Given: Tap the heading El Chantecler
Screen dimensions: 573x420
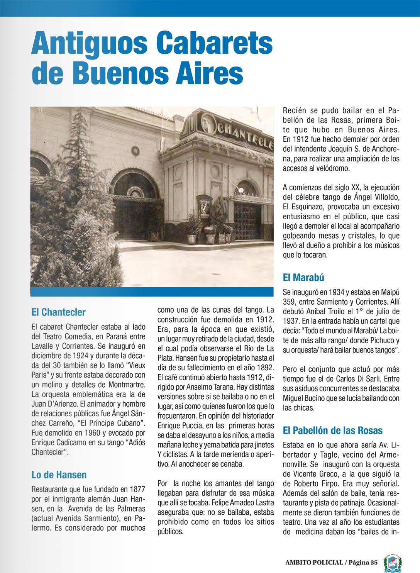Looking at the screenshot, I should tap(59, 312).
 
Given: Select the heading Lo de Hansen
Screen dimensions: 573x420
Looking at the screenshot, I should tap(59, 475).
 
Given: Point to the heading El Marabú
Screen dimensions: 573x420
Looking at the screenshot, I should tap(303, 277).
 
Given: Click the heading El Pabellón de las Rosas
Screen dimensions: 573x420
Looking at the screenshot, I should tap(333, 431).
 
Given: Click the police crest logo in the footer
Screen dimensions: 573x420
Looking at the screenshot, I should tap(392, 563).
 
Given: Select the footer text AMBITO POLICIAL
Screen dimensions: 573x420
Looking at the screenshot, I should tap(314, 563).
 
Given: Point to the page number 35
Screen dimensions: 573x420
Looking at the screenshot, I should tap(374, 563).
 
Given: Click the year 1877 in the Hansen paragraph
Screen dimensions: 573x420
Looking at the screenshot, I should tap(137, 489).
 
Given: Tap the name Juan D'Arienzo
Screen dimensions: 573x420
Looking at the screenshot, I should tap(54, 404).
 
